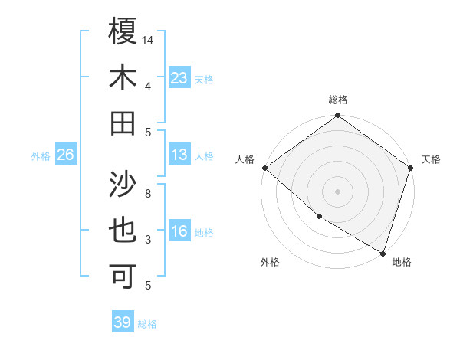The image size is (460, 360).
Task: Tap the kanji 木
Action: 123,77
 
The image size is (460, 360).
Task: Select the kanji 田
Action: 123,123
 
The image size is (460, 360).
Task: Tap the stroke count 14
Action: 148,40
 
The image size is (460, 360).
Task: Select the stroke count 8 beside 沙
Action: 148,194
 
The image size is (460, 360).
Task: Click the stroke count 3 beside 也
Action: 148,240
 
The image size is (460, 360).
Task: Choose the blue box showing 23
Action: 179,77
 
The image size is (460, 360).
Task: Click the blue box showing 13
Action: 179,155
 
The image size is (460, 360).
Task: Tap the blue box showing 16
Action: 179,231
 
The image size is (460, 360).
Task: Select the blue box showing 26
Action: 65,155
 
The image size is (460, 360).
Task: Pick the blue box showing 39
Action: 122,322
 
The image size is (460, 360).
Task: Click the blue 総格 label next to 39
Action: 147,324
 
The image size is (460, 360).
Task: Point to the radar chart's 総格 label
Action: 337,100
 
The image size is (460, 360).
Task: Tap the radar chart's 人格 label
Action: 245,159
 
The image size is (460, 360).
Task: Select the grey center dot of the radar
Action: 337,191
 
